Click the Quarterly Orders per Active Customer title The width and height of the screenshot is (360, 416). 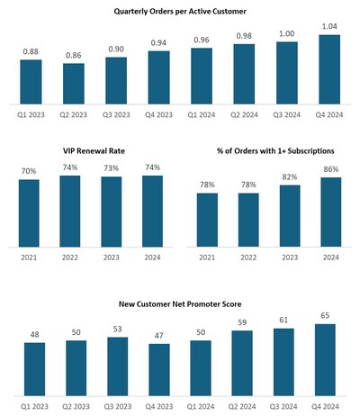pyautogui.click(x=180, y=11)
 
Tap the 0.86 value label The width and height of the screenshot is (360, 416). pyautogui.click(x=74, y=56)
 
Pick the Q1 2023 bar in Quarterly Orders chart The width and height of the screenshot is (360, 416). pyautogui.click(x=31, y=80)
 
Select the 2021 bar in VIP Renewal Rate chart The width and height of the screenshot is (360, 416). pyautogui.click(x=29, y=212)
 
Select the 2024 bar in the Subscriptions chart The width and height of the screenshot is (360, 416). pyautogui.click(x=330, y=211)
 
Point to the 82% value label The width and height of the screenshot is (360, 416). pyautogui.click(x=290, y=177)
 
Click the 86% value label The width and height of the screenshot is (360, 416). pyautogui.click(x=330, y=169)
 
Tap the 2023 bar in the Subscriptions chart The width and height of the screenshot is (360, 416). pyautogui.click(x=290, y=215)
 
